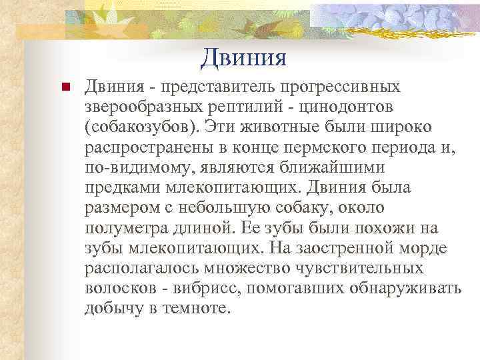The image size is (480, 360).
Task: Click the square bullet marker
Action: pos(65,87)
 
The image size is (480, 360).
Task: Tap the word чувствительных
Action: pos(368,269)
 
